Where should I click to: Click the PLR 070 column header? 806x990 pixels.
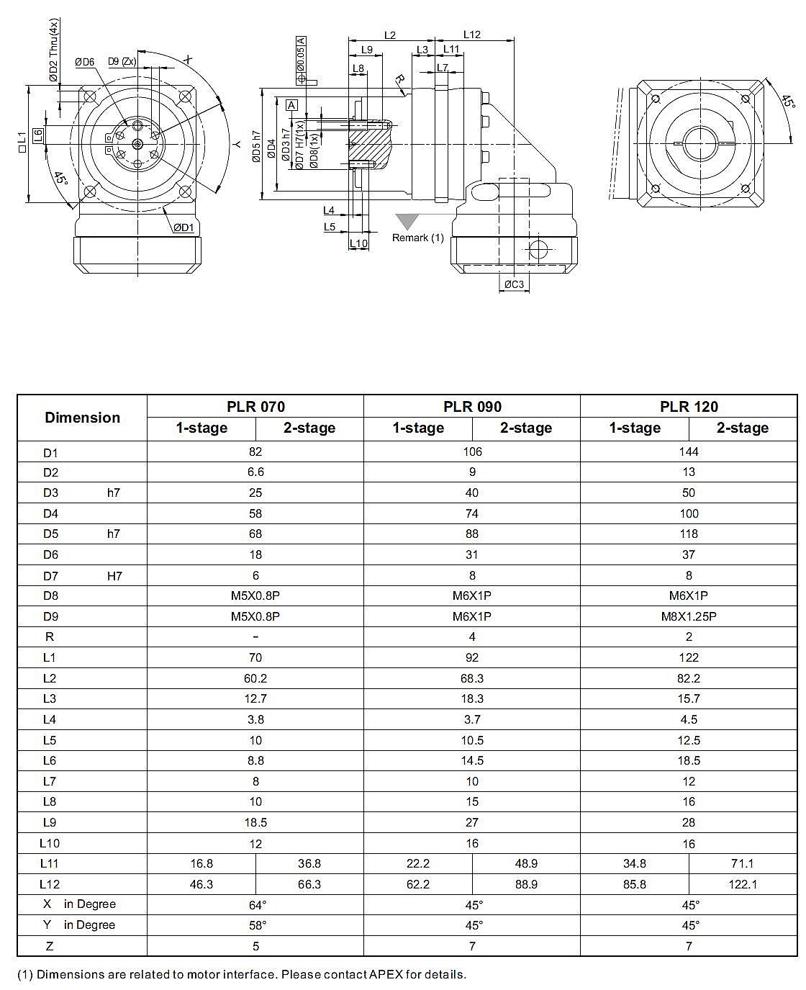(255, 406)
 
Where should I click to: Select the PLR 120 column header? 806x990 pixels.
(689, 406)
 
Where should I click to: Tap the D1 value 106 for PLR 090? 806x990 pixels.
(472, 451)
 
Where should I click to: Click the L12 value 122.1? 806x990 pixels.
(742, 884)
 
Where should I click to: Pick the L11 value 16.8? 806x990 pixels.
(201, 863)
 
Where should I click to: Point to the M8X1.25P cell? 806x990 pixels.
(689, 616)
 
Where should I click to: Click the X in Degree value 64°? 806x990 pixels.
(255, 905)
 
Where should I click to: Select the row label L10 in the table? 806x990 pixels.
(50, 843)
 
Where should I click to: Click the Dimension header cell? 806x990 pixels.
(82, 418)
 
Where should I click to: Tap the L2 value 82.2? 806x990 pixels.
(689, 678)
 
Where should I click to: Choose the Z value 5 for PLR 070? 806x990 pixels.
(255, 946)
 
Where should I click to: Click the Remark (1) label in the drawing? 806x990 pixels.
(417, 238)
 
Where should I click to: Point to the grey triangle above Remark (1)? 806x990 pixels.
(407, 221)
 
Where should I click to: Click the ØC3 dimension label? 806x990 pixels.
(514, 284)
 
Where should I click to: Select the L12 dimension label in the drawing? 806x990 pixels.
(472, 34)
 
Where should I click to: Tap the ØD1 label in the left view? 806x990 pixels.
(184, 228)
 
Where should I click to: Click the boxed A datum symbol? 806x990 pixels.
(291, 105)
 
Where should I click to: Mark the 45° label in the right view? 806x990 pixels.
(786, 100)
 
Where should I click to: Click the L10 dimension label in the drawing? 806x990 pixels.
(358, 243)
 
